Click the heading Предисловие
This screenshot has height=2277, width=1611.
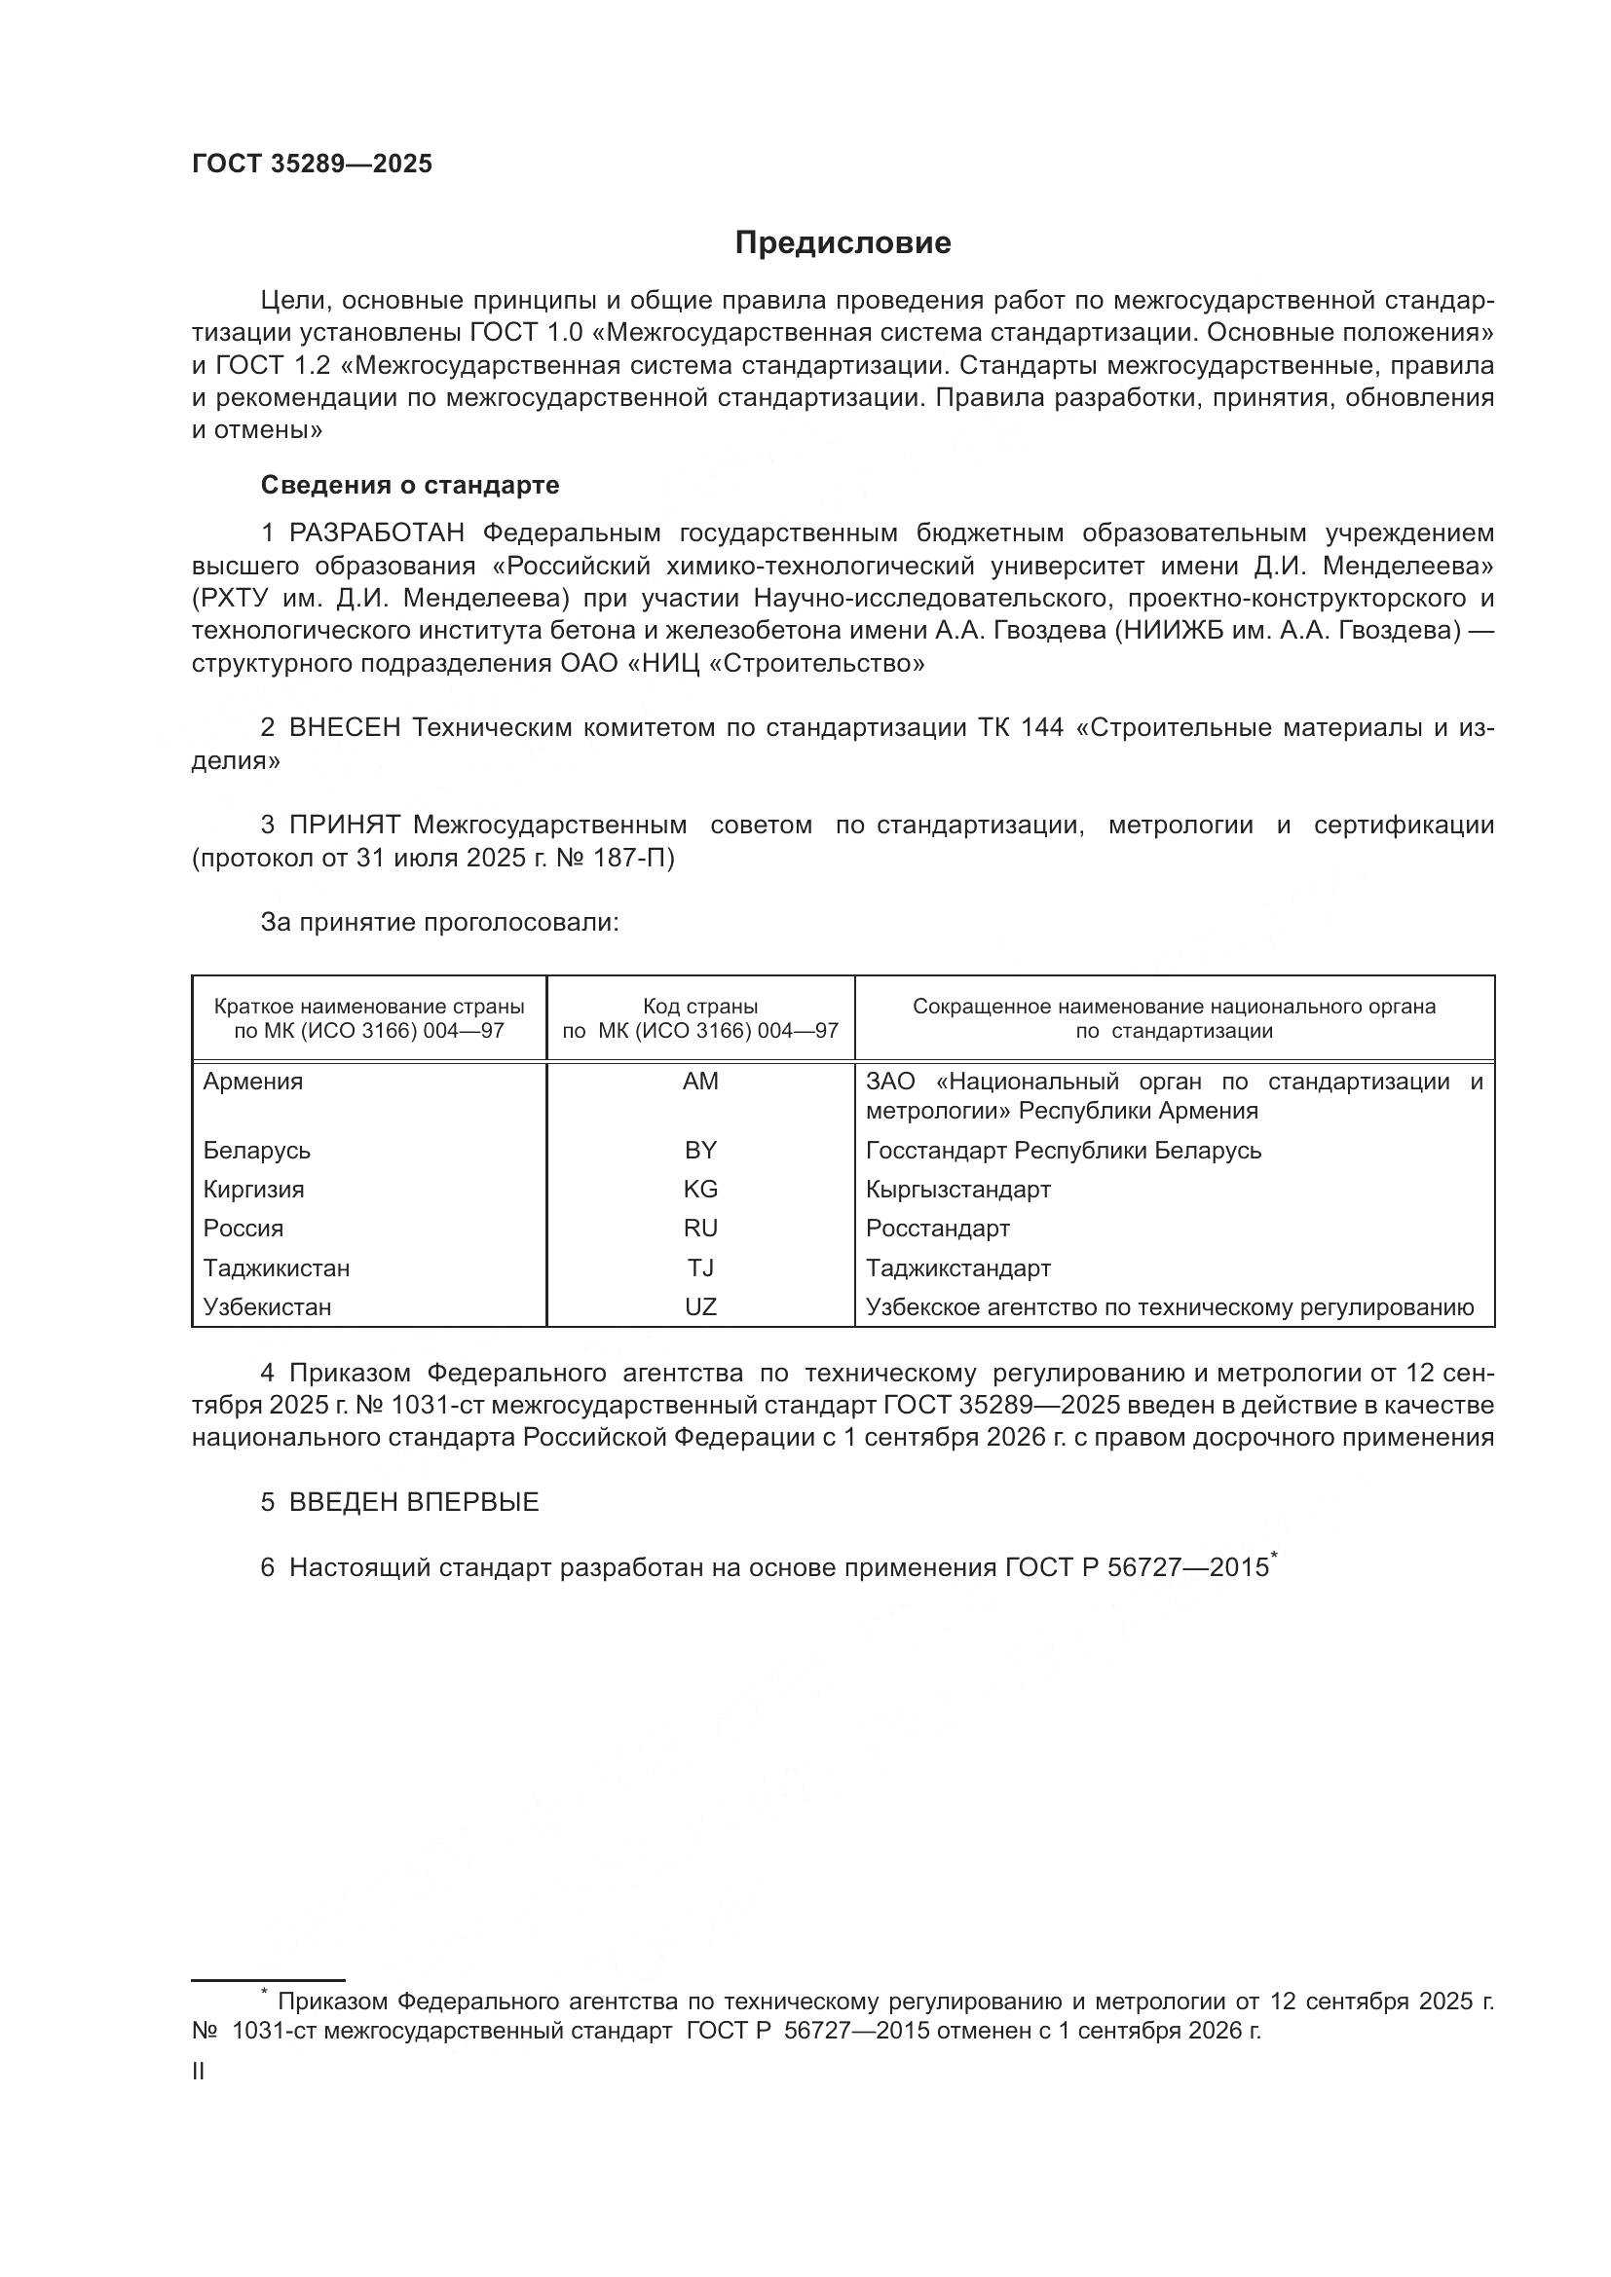[x=843, y=243]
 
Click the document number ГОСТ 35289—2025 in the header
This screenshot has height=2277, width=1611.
[x=313, y=165]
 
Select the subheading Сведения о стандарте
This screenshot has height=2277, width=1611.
[x=410, y=485]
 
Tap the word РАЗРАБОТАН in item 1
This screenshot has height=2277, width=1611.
[x=377, y=533]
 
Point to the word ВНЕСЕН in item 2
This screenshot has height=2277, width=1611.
[x=344, y=728]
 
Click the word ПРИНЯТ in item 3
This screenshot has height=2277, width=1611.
[x=344, y=826]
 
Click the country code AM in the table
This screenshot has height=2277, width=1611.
[x=700, y=1082]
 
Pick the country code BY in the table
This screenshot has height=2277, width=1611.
[x=700, y=1151]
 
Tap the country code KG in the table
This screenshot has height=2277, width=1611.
[x=700, y=1189]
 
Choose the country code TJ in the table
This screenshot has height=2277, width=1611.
[x=700, y=1268]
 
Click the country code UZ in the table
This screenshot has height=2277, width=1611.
[x=700, y=1307]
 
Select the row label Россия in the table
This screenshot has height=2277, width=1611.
[x=244, y=1229]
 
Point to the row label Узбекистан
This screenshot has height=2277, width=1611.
[x=267, y=1307]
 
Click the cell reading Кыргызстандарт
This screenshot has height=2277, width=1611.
[x=957, y=1189]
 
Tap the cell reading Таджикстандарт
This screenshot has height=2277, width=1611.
[x=957, y=1268]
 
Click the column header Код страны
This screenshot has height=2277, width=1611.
[x=700, y=1007]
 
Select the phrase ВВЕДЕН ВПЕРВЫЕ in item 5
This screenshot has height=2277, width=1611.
[x=414, y=1502]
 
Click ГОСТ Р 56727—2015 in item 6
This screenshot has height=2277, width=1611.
[x=1137, y=1568]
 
